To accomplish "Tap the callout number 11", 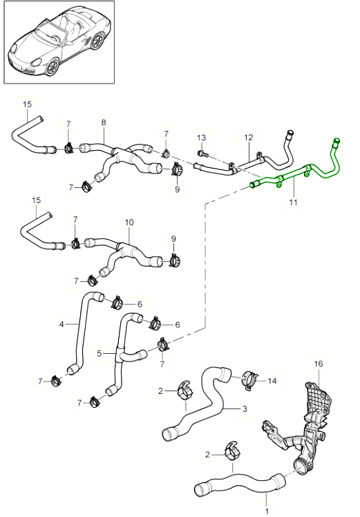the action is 293,202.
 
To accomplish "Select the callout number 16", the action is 319,364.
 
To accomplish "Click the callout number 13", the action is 202,138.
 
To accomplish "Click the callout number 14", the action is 272,381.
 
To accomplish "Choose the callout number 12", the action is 249,137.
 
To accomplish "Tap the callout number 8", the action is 104,122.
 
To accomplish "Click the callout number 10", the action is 129,223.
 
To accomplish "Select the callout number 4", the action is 61,324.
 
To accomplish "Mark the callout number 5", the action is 100,354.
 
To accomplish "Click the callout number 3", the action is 245,409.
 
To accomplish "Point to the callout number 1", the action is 267,511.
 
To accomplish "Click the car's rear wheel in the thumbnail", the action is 97,41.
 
